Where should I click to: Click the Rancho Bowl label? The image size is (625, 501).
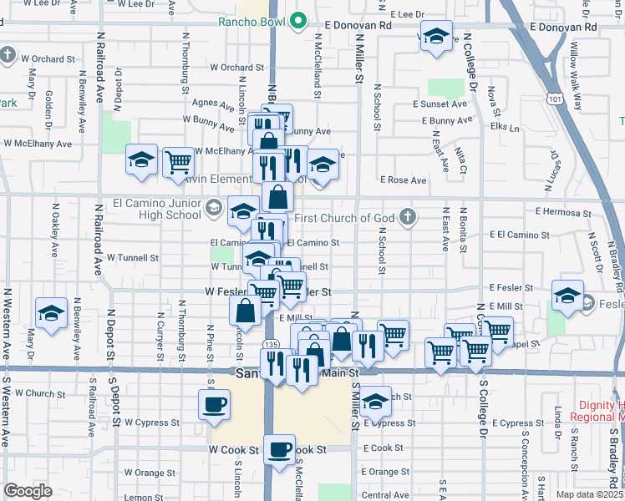coord(252,23)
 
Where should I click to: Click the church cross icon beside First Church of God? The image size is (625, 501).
coord(408,218)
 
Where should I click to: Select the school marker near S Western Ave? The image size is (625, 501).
coord(52,314)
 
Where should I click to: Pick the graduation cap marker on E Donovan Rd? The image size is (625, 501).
coord(435,38)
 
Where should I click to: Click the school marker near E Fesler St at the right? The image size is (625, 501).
coord(568,296)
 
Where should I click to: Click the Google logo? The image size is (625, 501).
coord(28,491)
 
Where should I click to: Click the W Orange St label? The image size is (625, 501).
coord(144,473)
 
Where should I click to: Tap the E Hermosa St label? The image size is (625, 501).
coord(563,212)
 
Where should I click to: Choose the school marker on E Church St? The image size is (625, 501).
coord(376,402)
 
